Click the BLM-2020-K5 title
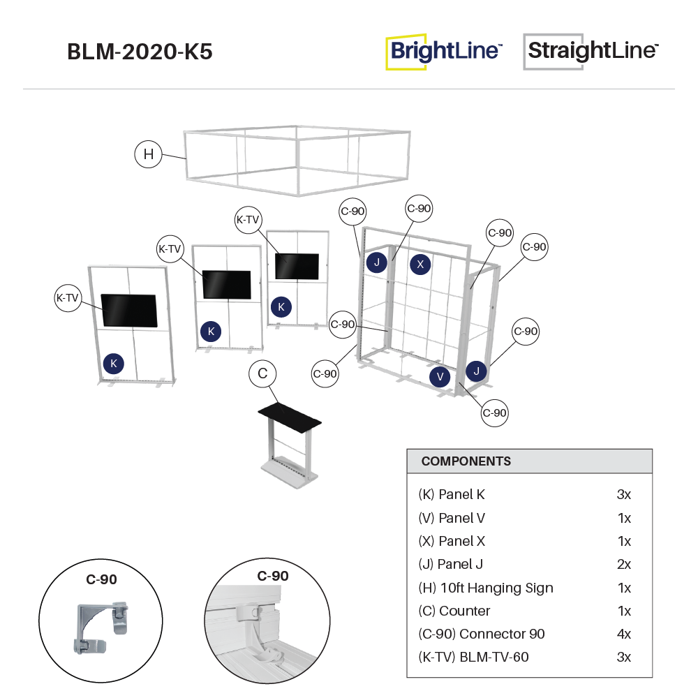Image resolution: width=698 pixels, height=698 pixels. click(x=140, y=52)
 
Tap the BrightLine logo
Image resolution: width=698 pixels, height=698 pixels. click(x=445, y=51)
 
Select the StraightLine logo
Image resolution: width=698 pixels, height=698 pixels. click(x=592, y=51)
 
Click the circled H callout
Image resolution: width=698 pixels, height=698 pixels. click(x=148, y=154)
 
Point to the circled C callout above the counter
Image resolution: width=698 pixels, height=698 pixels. click(x=262, y=374)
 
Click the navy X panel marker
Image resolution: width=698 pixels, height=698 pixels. click(x=419, y=264)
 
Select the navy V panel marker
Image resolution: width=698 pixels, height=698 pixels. click(x=440, y=376)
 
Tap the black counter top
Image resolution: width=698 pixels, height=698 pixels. click(x=290, y=416)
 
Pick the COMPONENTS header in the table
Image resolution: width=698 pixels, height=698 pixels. click(x=466, y=461)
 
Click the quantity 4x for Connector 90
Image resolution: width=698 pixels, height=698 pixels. click(x=624, y=634)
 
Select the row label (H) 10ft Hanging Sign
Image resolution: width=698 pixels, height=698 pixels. click(x=486, y=588)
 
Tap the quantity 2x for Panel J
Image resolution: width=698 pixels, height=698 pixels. click(x=624, y=565)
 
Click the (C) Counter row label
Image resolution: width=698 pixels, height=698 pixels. click(x=454, y=611)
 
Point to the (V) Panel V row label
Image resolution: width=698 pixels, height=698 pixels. click(x=452, y=518)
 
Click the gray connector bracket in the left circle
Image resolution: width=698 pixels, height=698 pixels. click(x=97, y=621)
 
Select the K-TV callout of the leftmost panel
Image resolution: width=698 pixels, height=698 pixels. click(x=68, y=298)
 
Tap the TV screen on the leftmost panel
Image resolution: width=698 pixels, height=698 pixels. click(x=129, y=311)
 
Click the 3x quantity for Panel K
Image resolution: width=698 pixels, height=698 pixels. click(x=624, y=495)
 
